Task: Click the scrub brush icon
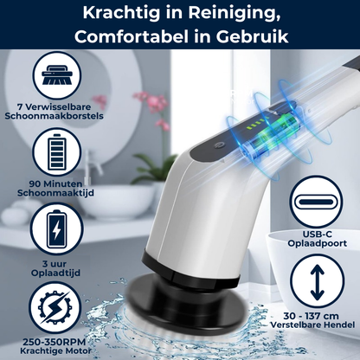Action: tap(57, 75)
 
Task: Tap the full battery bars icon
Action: tap(57, 152)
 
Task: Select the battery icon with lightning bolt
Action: tap(57, 228)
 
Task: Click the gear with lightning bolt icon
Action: tap(55, 307)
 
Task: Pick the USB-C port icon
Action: tap(316, 201)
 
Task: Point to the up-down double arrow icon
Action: tap(318, 281)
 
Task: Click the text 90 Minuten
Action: tap(55, 183)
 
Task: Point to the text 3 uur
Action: tap(55, 264)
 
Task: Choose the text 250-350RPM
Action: tap(55, 342)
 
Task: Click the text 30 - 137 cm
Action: tap(311, 316)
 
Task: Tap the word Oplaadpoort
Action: tap(318, 243)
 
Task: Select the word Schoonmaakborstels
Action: tap(54, 116)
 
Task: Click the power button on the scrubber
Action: tap(217, 146)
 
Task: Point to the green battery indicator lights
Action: tap(254, 123)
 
